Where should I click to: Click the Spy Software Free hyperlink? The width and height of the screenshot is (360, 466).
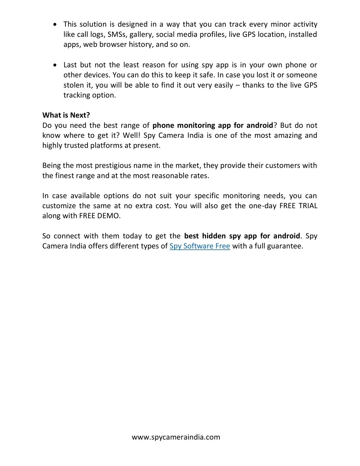coord(200,246)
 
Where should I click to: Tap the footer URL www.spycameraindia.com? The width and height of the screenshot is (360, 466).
coord(176,437)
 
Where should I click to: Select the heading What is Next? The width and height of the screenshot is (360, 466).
coord(66,115)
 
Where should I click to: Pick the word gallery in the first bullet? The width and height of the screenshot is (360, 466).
coord(141,35)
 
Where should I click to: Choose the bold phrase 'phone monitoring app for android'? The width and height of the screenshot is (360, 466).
coord(213,126)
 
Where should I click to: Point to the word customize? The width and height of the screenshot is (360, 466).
coord(59,206)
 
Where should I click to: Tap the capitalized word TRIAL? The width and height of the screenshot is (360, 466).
coord(308,206)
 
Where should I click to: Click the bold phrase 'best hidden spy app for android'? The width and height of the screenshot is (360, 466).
coord(242,236)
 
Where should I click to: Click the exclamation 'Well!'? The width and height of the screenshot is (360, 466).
coord(132,135)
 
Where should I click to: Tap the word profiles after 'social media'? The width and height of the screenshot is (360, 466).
coord(213,35)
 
